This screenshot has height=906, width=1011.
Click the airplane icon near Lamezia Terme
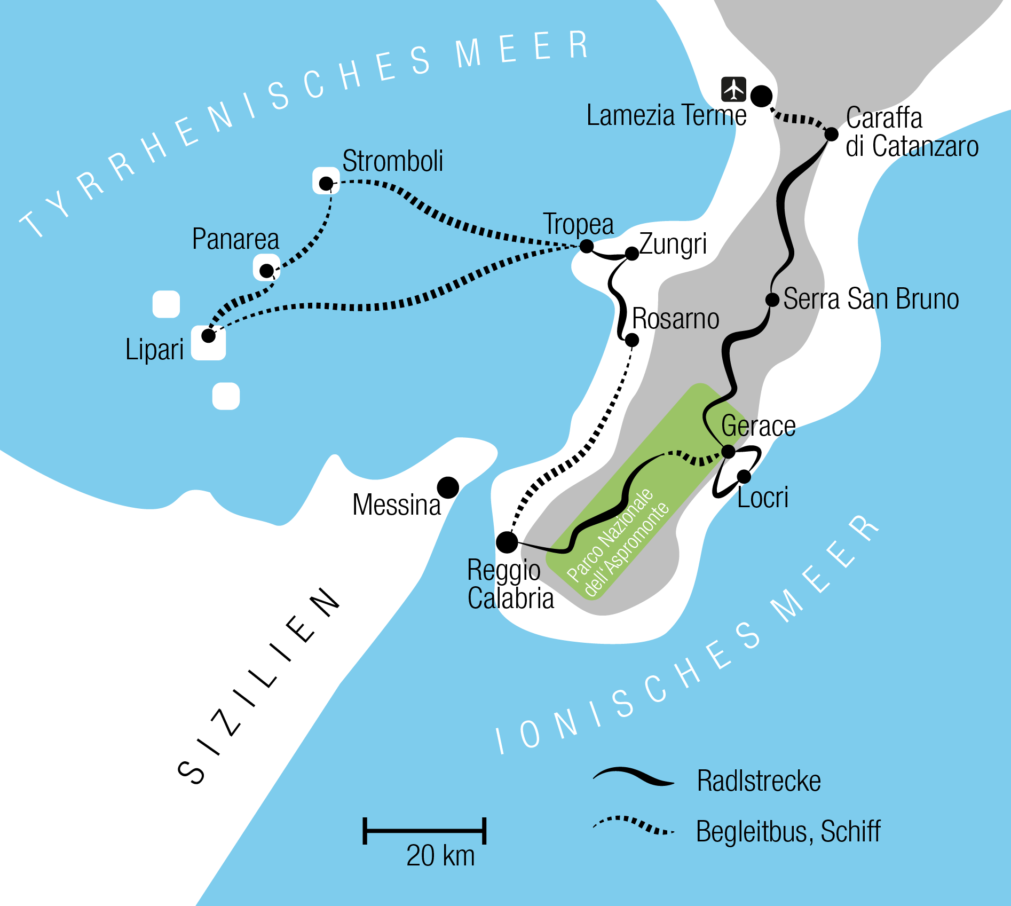pos(733,89)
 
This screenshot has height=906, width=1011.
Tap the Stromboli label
pos(392,161)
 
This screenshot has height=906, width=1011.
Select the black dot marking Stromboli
pos(326,184)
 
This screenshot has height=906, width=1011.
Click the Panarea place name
pos(235,239)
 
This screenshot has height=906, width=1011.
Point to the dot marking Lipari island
pos(208,336)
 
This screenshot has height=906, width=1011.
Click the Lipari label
pos(154,350)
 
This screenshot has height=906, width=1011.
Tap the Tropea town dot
pos(586,246)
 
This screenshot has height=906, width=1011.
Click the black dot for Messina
pos(448,487)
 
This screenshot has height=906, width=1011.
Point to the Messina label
pos(397,505)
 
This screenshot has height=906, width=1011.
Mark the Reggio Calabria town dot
pos(507,542)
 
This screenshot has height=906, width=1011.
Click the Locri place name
pos(763,498)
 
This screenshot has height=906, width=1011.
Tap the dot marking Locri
pos(744,476)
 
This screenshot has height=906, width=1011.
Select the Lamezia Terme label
pos(666,115)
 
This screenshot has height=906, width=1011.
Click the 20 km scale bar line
pos(424,831)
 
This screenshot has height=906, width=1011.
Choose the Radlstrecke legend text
pos(759,781)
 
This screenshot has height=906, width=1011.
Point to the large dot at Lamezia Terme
pos(761,96)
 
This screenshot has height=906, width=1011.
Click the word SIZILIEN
pos(259,686)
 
